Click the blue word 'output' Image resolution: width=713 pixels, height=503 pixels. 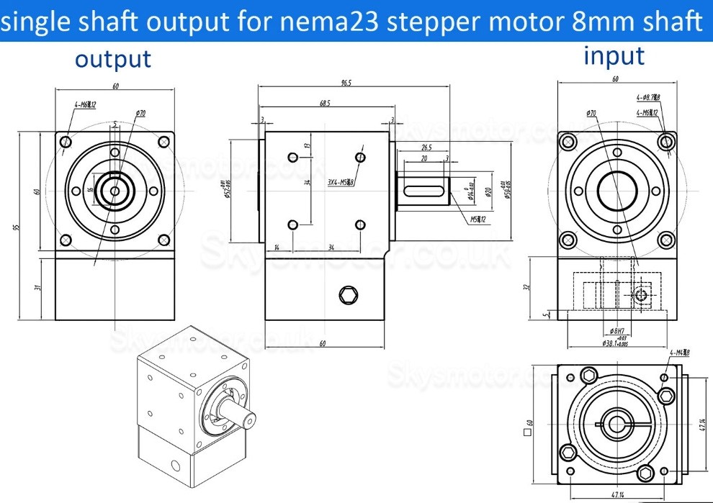pyautogui.click(x=113, y=60)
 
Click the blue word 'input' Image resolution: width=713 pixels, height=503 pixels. pyautogui.click(x=614, y=55)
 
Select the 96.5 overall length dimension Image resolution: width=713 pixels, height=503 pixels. pyautogui.click(x=350, y=83)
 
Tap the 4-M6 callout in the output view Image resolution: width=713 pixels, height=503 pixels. pyautogui.click(x=85, y=106)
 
